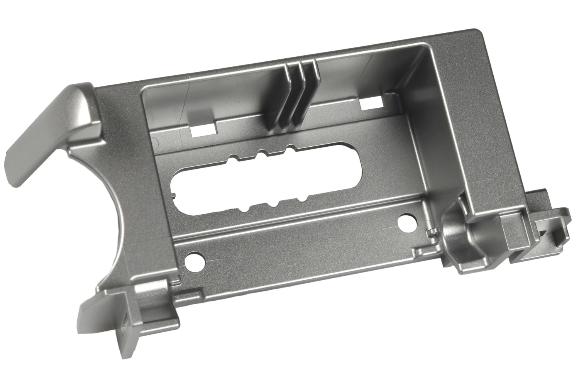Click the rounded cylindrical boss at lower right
point(455,232)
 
